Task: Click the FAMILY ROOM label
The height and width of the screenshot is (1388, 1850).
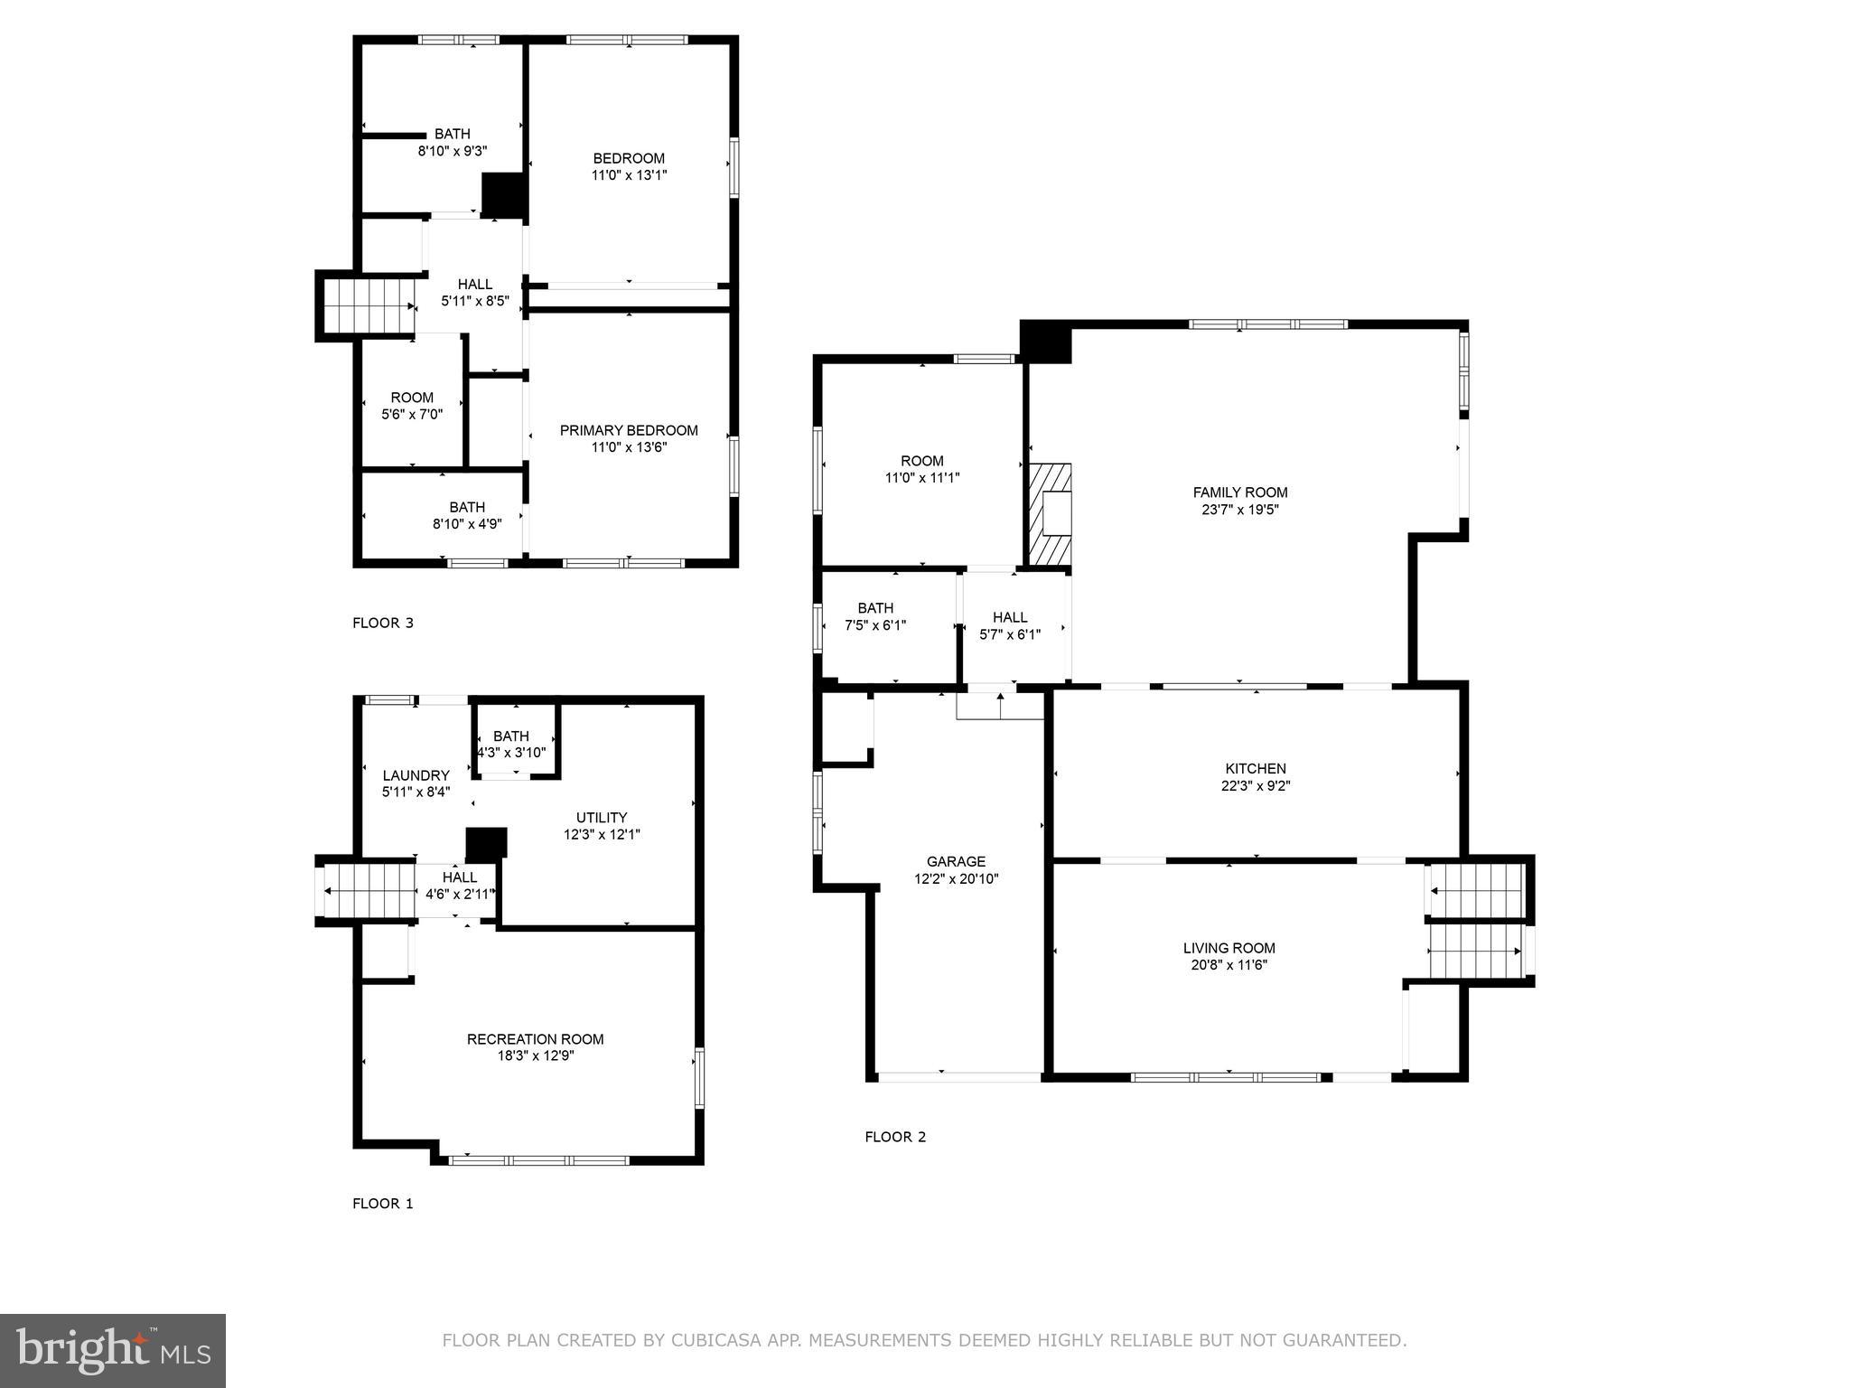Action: tap(1239, 492)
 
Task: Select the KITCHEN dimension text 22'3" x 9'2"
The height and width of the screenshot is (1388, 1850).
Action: tap(1256, 786)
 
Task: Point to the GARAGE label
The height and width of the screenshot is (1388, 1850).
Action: tap(956, 861)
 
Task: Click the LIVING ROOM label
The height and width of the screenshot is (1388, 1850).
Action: tap(1229, 948)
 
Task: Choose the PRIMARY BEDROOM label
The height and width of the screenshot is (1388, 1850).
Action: tap(629, 430)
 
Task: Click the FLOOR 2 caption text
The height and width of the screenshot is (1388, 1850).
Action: tap(895, 1137)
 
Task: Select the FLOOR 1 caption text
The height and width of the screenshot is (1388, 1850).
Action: tap(382, 1204)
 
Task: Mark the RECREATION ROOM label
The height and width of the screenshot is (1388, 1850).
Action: tap(535, 1039)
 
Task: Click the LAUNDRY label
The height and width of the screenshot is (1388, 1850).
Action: tap(416, 775)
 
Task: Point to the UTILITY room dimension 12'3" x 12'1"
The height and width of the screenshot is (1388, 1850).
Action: tap(602, 835)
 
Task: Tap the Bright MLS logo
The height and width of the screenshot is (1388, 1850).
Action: tap(112, 1350)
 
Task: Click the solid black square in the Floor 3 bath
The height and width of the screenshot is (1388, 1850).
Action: tap(503, 193)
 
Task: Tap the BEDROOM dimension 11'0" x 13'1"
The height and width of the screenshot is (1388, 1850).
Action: tap(629, 175)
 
